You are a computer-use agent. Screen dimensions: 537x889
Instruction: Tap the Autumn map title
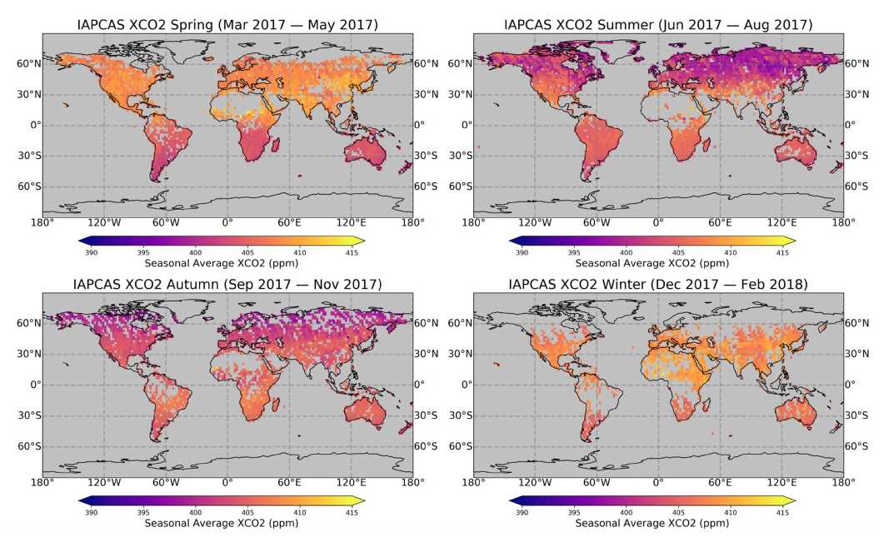point(226,285)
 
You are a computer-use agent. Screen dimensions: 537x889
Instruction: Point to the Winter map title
point(658,285)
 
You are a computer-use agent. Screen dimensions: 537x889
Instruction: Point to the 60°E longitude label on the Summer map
point(720,223)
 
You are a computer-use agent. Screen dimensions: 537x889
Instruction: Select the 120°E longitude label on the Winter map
point(782,483)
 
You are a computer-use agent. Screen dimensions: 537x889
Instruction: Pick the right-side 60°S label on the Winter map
point(862,446)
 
